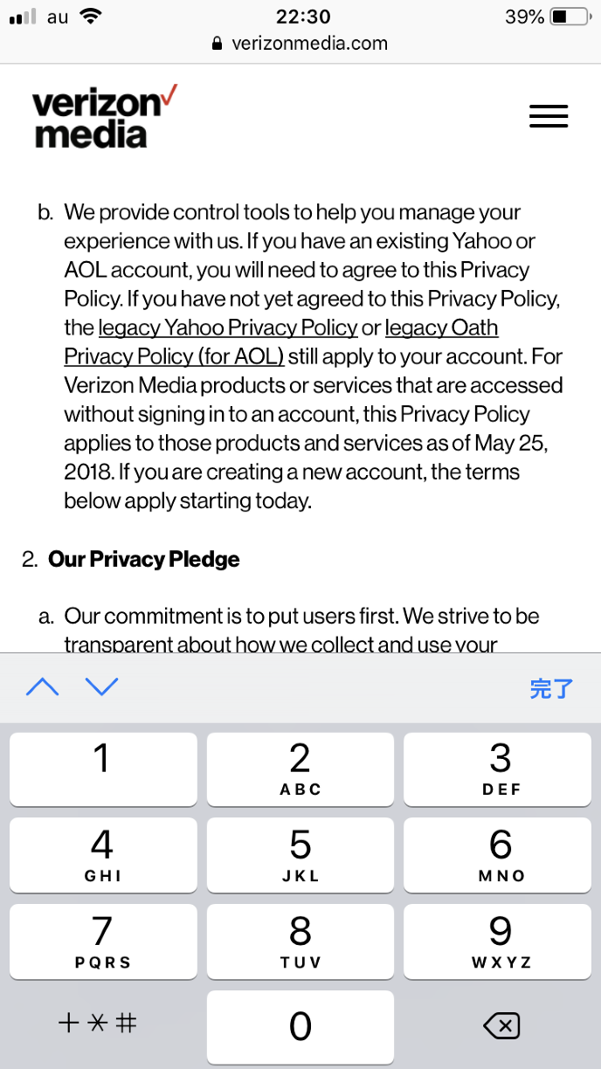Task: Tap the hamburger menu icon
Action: point(549,116)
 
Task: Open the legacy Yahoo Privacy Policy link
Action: point(228,328)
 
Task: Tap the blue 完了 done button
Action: point(550,688)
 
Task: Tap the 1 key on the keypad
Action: point(103,768)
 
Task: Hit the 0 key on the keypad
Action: point(300,1025)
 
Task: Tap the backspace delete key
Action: point(501,1025)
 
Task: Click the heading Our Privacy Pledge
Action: point(144,559)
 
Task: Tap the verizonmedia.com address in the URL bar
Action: point(309,43)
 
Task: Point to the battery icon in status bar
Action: point(570,17)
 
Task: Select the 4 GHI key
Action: point(103,854)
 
